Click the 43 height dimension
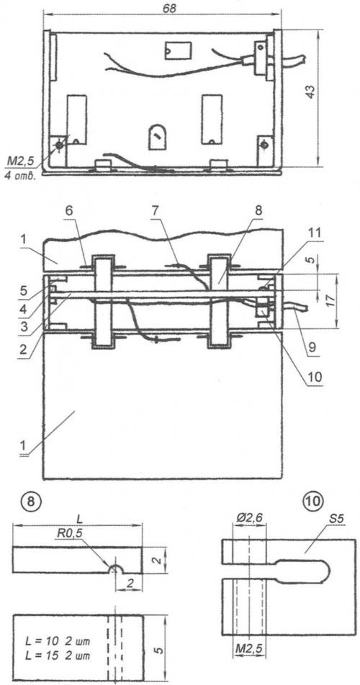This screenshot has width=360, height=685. pos(310,92)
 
